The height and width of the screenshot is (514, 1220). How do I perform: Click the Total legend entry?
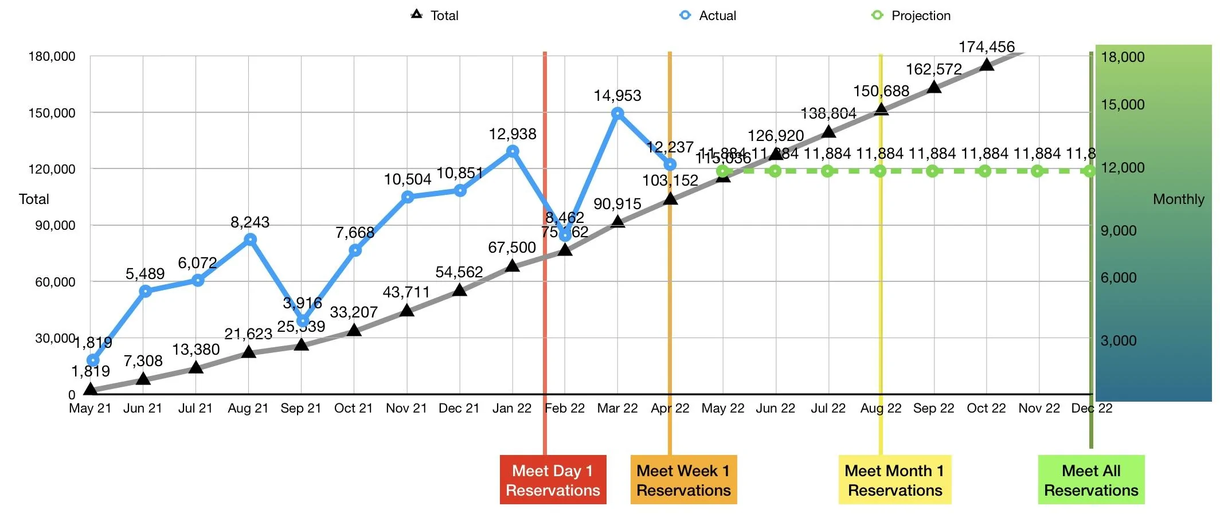pos(435,15)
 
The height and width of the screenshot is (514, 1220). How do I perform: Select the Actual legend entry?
pos(707,15)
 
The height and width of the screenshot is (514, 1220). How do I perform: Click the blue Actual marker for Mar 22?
pos(617,113)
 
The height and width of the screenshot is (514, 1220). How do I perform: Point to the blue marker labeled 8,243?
pos(250,240)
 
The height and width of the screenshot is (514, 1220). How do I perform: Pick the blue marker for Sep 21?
pos(303,321)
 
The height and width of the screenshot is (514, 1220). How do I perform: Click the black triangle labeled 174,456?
pos(987,65)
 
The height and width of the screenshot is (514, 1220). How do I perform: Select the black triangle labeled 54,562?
pos(459,290)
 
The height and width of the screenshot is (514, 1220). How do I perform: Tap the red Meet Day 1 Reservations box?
pos(553,480)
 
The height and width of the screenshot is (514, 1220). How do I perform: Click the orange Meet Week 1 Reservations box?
pos(683,480)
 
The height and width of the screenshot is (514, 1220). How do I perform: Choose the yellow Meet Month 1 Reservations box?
pos(894,480)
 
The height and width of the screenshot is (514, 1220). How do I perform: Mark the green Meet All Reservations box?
pos(1091,480)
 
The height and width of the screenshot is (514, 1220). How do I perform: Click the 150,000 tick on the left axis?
pos(52,113)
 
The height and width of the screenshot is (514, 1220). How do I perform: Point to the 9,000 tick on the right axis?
pos(1118,230)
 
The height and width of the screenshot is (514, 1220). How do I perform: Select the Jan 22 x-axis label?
pos(512,409)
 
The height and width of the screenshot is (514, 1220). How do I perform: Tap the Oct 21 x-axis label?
pos(353,409)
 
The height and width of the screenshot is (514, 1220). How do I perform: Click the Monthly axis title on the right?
pos(1178,199)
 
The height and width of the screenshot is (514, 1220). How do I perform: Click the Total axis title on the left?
pos(34,199)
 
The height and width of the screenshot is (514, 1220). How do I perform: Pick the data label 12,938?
pos(513,134)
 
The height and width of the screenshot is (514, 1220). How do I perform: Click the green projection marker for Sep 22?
pos(932,171)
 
